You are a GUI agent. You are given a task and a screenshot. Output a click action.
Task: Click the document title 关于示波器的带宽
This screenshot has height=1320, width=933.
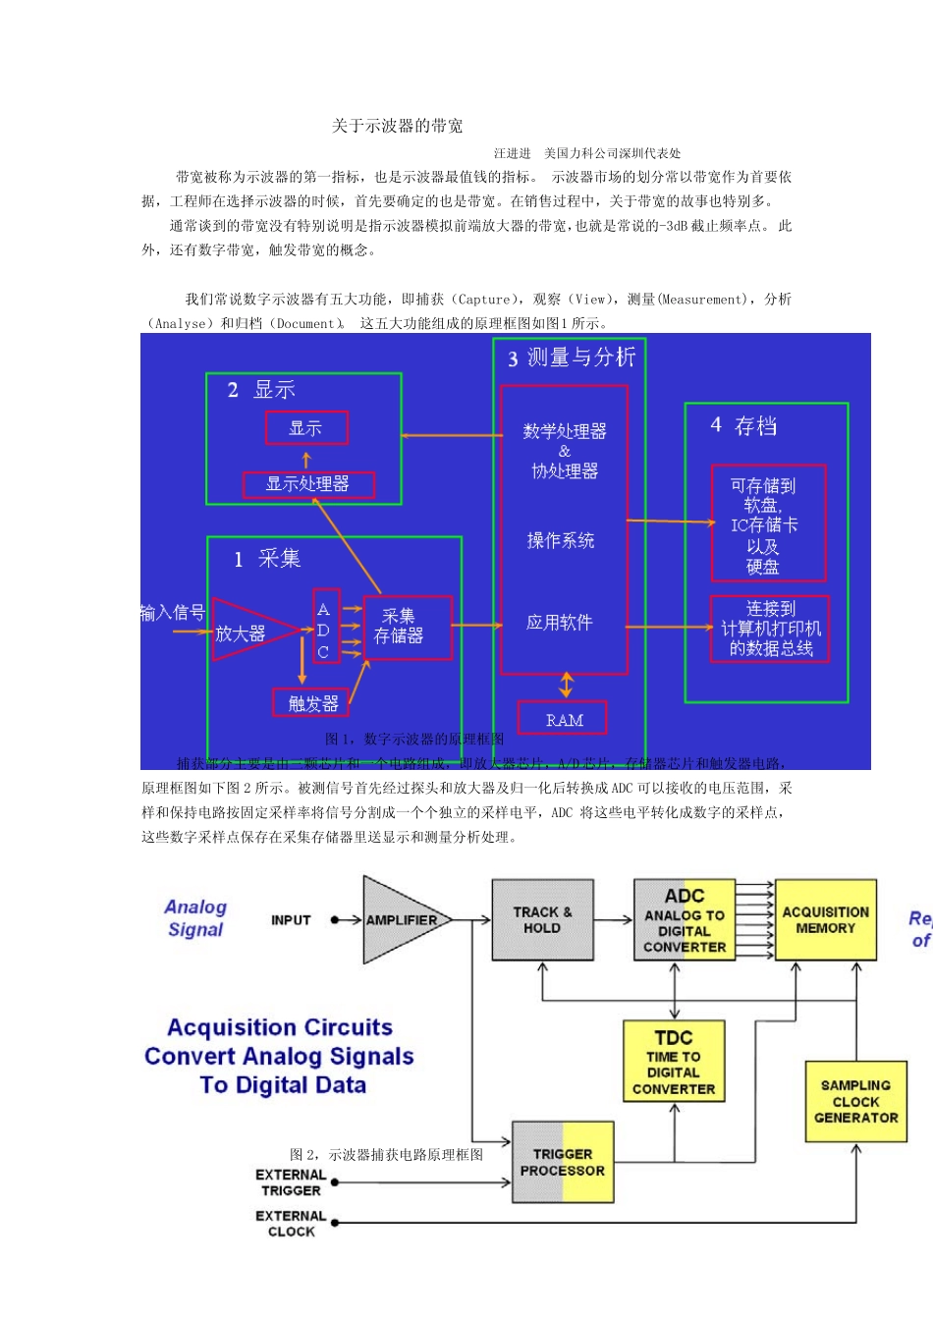[397, 126]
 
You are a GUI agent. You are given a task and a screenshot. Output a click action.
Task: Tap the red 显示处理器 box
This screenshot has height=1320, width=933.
[307, 484]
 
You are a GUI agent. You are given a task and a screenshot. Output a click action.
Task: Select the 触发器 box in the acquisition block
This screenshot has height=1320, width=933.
[312, 703]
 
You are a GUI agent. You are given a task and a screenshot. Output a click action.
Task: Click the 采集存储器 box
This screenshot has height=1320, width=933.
[408, 627]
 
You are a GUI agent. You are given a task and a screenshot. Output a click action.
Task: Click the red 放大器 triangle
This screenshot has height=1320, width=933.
[246, 631]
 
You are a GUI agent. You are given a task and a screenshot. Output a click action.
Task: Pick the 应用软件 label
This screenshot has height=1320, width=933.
[560, 623]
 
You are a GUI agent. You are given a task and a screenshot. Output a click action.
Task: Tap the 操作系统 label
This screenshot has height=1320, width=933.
[561, 540]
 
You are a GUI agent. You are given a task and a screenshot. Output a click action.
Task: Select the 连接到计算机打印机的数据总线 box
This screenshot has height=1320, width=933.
[770, 629]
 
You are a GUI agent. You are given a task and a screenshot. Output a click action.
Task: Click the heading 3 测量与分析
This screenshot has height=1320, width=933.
[572, 357]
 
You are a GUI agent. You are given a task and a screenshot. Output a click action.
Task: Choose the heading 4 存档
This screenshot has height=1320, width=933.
[743, 425]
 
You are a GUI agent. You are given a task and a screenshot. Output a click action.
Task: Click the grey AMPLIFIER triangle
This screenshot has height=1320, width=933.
[403, 920]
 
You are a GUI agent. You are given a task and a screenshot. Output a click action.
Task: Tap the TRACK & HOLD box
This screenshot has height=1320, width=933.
[542, 919]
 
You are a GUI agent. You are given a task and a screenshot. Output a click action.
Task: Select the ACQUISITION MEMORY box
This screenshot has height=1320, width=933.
[825, 919]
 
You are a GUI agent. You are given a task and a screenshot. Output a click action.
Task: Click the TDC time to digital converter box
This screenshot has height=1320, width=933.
[674, 1063]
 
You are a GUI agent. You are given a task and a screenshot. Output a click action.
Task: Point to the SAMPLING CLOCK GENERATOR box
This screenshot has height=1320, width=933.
[855, 1101]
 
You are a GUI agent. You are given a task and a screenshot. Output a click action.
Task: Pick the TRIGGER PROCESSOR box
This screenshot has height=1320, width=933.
[563, 1162]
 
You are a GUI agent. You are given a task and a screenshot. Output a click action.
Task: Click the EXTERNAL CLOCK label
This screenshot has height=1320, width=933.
[291, 1224]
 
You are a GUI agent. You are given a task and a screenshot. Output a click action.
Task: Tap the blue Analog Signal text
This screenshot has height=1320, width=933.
[195, 918]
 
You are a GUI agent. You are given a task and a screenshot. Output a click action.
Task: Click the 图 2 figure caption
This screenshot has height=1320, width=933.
[386, 1155]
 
